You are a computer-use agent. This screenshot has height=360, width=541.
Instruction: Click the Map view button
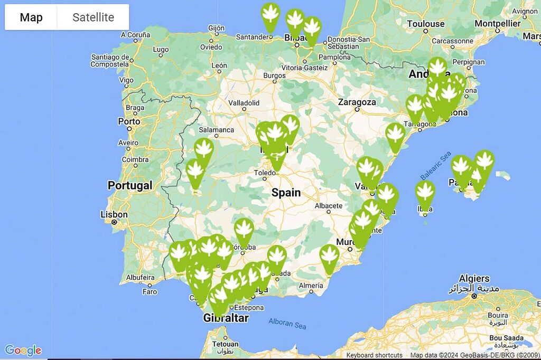pyautogui.click(x=31, y=17)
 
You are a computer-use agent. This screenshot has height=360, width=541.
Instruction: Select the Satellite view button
pyautogui.click(x=93, y=17)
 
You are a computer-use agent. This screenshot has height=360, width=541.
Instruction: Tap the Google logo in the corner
pyautogui.click(x=23, y=350)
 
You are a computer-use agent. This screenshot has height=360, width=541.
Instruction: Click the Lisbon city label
pyautogui.click(x=114, y=214)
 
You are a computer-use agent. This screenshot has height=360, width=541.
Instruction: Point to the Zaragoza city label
pyautogui.click(x=357, y=102)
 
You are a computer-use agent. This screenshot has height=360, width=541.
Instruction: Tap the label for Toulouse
pyautogui.click(x=426, y=24)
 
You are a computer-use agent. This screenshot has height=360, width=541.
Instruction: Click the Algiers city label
pyautogui.click(x=474, y=279)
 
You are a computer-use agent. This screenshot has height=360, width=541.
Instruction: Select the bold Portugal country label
pyautogui.click(x=130, y=185)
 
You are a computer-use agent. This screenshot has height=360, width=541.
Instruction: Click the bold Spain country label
pyautogui.click(x=286, y=193)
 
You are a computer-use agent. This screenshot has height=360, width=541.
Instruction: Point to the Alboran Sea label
pyautogui.click(x=287, y=323)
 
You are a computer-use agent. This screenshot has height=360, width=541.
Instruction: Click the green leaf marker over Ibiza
pyautogui.click(x=425, y=194)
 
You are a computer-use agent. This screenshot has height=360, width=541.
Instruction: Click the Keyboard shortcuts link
pyautogui.click(x=374, y=355)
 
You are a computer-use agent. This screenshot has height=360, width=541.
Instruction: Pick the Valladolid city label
pyautogui.click(x=244, y=102)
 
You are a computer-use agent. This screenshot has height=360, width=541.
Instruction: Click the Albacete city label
pyautogui.click(x=329, y=205)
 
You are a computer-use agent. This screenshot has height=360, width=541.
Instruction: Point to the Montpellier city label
pyautogui.click(x=497, y=24)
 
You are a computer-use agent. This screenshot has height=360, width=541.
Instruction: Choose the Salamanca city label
pyautogui.click(x=216, y=129)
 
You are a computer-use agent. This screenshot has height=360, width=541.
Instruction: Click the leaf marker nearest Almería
pyautogui.click(x=330, y=257)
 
